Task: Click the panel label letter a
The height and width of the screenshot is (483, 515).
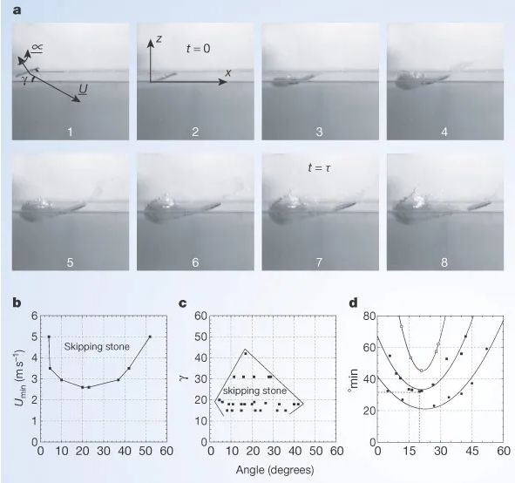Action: point(17,10)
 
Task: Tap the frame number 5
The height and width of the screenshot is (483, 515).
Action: point(70,262)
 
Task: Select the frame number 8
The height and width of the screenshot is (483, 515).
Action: point(444,262)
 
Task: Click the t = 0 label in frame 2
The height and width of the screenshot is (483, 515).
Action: point(198,49)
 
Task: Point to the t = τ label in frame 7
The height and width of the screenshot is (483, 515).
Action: point(320,168)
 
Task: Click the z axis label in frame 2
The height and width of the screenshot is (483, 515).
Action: point(159,38)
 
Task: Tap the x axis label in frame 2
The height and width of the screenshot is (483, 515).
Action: point(228,72)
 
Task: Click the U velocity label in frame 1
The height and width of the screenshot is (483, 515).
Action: point(83,89)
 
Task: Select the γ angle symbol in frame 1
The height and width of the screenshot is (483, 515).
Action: point(24,80)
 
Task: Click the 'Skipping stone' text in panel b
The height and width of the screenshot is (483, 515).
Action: point(97,347)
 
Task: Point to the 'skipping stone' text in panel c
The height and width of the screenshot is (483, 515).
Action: point(254,391)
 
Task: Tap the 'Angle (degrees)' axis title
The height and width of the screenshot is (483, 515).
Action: point(274,470)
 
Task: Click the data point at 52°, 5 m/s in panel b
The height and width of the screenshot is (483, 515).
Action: point(150,337)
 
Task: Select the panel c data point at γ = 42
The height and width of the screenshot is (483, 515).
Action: point(246,354)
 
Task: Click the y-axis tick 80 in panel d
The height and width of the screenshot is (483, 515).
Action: point(369,316)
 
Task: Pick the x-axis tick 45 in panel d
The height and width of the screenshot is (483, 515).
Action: point(472,451)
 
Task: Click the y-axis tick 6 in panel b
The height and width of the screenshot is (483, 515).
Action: point(35,316)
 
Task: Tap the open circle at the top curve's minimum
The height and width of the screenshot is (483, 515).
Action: point(422,371)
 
